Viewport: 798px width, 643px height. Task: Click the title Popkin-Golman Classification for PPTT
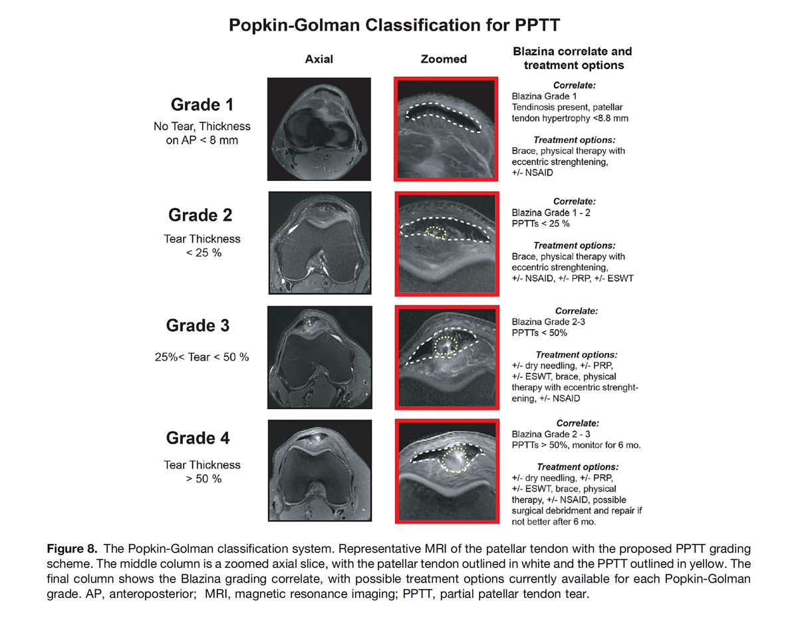[x=394, y=25]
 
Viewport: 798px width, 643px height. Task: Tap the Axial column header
[x=319, y=59]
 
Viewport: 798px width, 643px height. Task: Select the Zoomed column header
[x=444, y=59]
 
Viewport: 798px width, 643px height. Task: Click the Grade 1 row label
[x=202, y=104]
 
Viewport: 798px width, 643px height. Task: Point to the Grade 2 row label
[x=200, y=215]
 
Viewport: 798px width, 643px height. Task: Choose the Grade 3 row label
[x=198, y=325]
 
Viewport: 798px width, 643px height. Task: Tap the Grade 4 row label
[x=198, y=438]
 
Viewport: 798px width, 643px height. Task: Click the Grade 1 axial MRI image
[x=319, y=129]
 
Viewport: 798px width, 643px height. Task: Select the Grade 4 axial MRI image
[x=320, y=470]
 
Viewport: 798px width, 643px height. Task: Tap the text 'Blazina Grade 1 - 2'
[x=551, y=213]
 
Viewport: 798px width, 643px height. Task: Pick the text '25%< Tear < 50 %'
[x=201, y=357]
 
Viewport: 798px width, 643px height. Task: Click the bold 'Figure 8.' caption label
[x=72, y=549]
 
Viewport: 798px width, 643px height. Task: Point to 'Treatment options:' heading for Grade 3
[x=577, y=355]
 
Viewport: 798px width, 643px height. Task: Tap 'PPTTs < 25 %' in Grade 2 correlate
[x=541, y=223]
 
